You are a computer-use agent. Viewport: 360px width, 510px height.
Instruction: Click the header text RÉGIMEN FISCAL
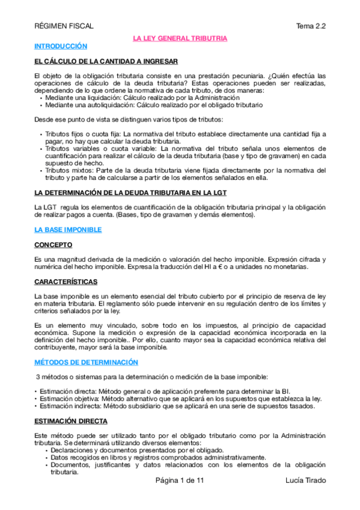point(64,26)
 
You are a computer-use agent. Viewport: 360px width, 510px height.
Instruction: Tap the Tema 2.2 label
point(311,26)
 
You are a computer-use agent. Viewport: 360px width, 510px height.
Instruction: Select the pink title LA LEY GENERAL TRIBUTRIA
point(180,38)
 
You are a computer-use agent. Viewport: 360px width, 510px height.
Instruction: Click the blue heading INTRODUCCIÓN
point(61,46)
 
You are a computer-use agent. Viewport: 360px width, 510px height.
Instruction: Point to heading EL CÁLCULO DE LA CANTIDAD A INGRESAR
point(106,61)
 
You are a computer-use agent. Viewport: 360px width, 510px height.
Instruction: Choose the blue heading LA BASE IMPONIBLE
point(68,230)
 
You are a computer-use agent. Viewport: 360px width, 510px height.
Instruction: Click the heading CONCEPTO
point(53,245)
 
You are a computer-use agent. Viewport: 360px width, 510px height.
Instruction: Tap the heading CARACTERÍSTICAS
point(67,281)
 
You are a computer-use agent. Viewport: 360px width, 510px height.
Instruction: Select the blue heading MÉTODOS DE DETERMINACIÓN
point(87,363)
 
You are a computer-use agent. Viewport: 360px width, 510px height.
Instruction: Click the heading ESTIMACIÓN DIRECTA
point(71,422)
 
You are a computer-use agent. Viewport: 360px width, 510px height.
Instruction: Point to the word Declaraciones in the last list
point(70,450)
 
